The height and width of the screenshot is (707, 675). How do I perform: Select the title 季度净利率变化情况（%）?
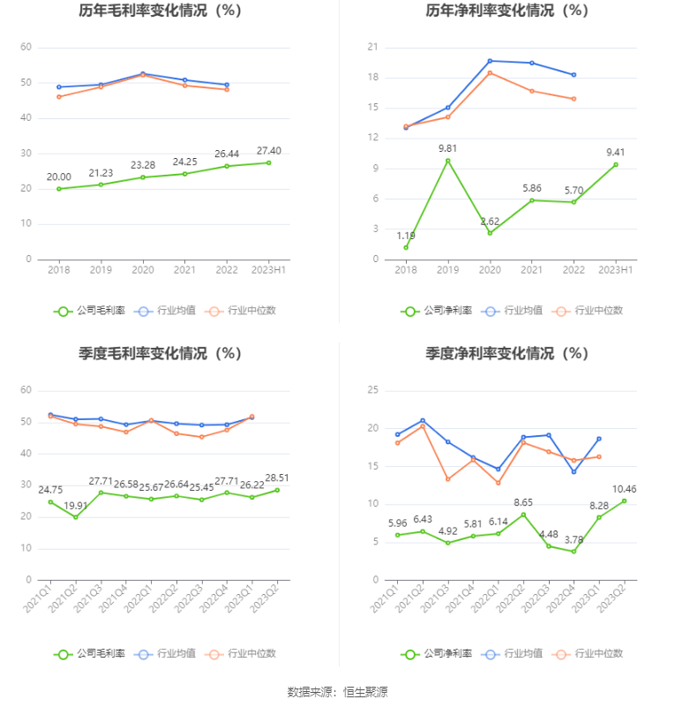coord(506,354)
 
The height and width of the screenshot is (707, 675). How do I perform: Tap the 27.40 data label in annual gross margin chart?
coord(268,151)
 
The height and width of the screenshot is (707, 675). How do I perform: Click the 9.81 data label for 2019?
coord(447,148)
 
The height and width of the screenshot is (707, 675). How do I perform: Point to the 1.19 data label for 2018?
coord(406,236)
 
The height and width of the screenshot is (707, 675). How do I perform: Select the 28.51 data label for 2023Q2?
coord(277,478)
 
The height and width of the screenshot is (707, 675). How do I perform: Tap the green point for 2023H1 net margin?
coord(616,164)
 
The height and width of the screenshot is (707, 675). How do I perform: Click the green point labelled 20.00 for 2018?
coord(59,189)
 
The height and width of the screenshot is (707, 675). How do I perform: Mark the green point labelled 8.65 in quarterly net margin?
coord(523,515)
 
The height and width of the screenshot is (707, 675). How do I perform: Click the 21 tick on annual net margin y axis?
coord(372,47)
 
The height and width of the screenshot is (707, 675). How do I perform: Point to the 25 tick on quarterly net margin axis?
coord(372,390)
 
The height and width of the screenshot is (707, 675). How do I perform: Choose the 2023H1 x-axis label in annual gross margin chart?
coord(268,269)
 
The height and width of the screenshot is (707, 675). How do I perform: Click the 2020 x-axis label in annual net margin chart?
coord(490,269)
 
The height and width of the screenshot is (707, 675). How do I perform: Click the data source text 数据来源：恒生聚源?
coord(337,691)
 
